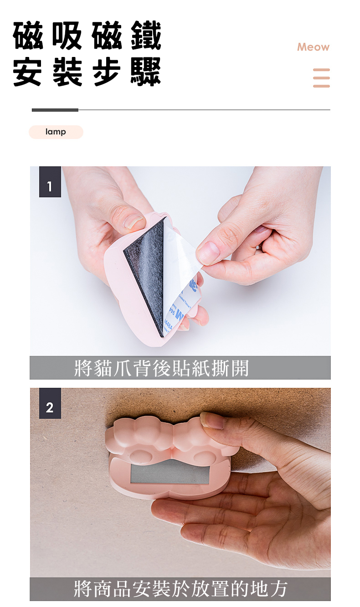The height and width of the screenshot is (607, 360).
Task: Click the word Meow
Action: click(x=313, y=47)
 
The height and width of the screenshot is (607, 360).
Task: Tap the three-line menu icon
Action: click(x=321, y=78)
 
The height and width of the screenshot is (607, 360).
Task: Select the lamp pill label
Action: click(x=56, y=132)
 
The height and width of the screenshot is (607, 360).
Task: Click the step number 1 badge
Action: click(x=50, y=182)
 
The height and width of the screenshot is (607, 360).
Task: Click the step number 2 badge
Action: click(x=50, y=403)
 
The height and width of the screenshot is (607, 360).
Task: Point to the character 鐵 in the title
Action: click(x=146, y=36)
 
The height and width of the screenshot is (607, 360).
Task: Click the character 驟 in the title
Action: click(x=146, y=72)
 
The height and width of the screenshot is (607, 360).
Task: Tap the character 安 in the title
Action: click(x=28, y=72)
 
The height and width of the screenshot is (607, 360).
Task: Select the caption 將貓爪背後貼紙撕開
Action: click(x=161, y=368)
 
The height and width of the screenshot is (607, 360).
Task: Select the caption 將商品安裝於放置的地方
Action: click(x=180, y=589)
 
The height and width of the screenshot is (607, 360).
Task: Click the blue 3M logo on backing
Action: click(x=179, y=315)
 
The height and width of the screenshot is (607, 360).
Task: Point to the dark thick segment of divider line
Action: click(x=55, y=110)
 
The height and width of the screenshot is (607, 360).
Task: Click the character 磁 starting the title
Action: click(x=28, y=36)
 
